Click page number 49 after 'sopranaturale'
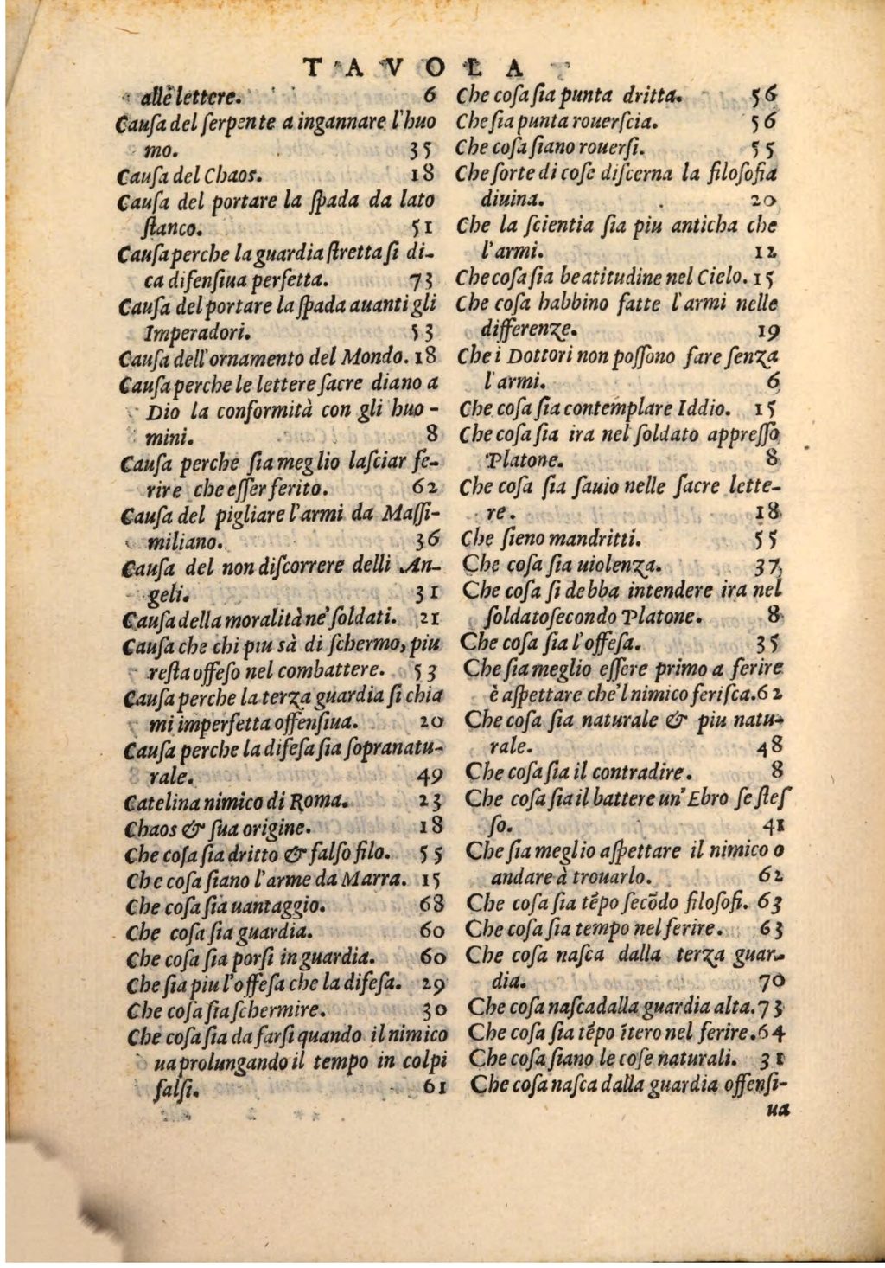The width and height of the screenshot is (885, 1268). (429, 775)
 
